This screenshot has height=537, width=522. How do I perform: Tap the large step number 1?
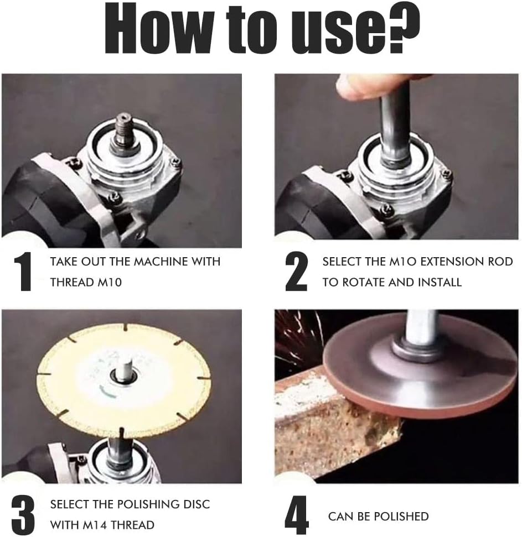24,272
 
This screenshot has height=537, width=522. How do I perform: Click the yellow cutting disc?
124,380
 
